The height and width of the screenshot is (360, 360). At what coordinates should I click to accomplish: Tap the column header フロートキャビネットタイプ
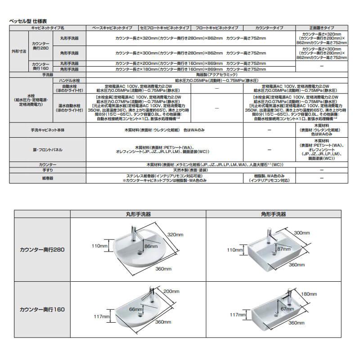217,28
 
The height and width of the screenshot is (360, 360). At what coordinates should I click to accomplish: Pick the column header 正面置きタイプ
322,28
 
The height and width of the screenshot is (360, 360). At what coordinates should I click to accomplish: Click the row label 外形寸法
19,51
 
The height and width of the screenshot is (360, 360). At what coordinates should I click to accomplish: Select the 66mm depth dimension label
135,310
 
